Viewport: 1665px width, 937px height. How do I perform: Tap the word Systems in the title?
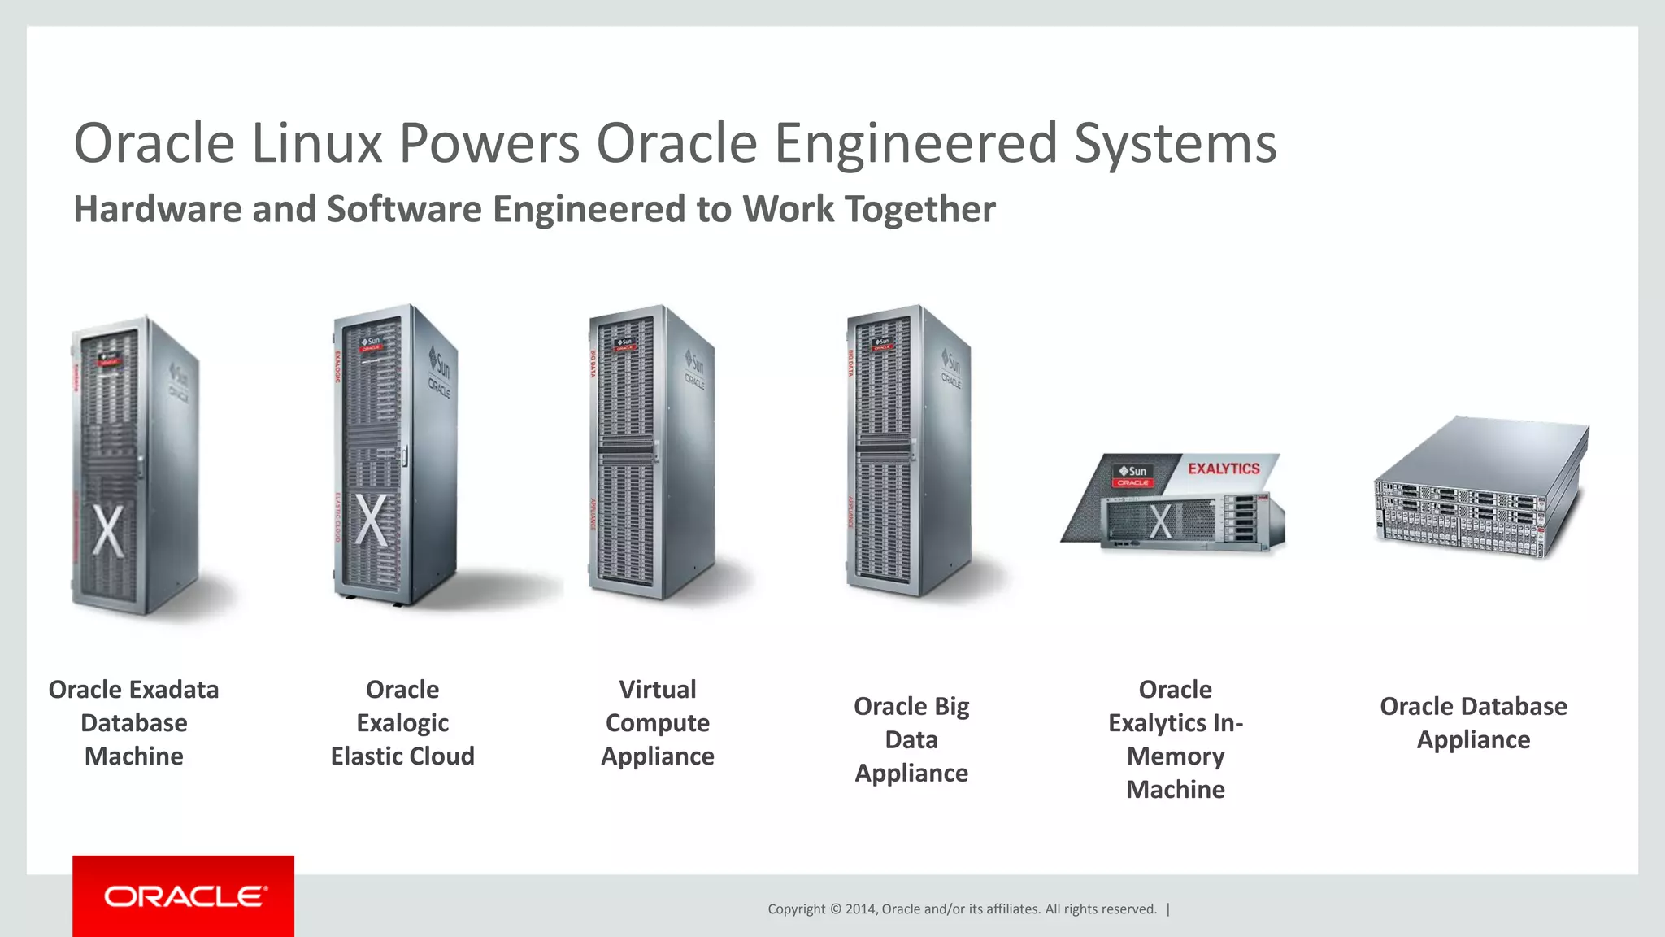[1175, 143]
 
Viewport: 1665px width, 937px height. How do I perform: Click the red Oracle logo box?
[183, 896]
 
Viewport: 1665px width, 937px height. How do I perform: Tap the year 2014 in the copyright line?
[860, 909]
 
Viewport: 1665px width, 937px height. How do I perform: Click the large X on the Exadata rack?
[108, 530]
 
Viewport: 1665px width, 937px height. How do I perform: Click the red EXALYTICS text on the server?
[1224, 468]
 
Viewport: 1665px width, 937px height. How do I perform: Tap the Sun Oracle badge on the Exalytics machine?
[1132, 476]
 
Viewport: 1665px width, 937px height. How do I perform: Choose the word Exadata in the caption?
[172, 690]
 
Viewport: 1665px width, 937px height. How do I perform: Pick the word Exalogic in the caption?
[402, 723]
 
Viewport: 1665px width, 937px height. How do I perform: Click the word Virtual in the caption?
[657, 690]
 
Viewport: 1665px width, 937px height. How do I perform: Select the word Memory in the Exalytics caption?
[1175, 756]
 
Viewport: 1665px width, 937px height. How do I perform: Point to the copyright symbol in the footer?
[835, 909]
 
